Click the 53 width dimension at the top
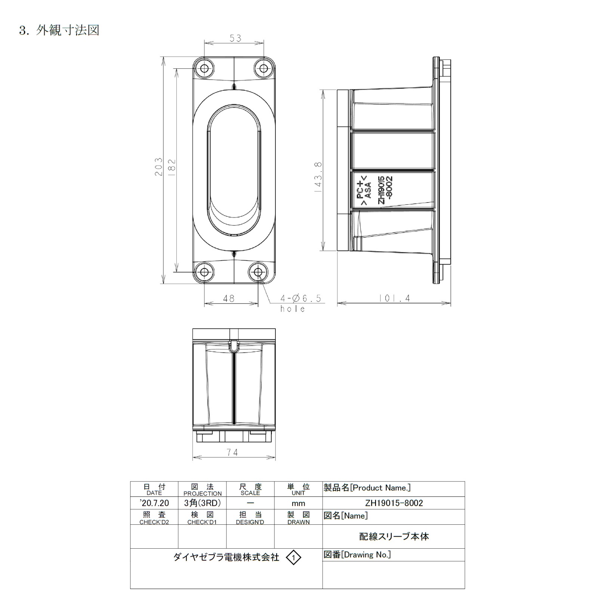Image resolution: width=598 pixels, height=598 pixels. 235,38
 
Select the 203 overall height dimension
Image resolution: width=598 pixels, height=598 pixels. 159,167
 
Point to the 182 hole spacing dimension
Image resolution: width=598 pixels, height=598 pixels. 172,167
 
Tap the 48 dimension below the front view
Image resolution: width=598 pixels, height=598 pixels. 229,298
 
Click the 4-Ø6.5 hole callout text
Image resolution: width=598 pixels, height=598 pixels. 300,298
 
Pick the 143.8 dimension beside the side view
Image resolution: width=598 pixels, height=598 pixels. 318,177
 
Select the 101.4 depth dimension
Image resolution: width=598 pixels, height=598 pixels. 394,298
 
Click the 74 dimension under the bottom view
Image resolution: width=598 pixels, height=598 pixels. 232,452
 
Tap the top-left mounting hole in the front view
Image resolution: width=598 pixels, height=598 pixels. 204,68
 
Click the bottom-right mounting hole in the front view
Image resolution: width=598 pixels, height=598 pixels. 258,272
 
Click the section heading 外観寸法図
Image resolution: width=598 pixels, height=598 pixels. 68,30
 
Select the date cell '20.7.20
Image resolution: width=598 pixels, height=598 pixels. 154,503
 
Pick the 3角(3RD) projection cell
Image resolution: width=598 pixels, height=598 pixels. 202,503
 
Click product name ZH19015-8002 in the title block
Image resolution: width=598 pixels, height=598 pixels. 394,503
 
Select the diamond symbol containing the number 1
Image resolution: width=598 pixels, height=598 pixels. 293,558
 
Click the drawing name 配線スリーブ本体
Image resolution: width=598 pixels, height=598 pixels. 394,537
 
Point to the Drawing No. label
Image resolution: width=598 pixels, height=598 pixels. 357,555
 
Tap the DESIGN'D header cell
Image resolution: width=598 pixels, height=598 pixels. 250,518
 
